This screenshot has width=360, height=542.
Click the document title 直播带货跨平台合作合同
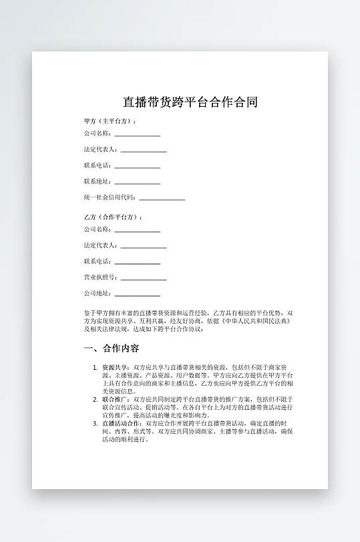click(x=190, y=102)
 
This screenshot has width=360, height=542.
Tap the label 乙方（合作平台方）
click(x=112, y=218)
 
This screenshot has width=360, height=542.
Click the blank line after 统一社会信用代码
click(x=162, y=199)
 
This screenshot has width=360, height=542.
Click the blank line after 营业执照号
click(x=144, y=279)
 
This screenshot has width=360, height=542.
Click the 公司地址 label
click(x=98, y=293)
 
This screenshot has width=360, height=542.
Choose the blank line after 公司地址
click(x=138, y=295)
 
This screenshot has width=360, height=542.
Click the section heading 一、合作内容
click(x=112, y=348)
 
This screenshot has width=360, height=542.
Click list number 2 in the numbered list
click(x=95, y=399)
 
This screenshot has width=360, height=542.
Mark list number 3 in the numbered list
click(x=95, y=423)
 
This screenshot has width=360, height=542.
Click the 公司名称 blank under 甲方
click(x=138, y=135)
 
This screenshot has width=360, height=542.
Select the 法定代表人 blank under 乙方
click(x=144, y=247)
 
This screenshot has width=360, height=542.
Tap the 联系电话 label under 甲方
click(x=98, y=165)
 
